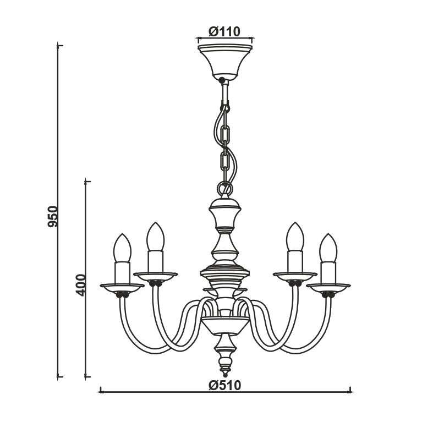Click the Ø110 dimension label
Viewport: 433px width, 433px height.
point(224,31)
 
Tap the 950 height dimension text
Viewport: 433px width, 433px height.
point(53,217)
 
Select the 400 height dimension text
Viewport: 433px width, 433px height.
point(81,285)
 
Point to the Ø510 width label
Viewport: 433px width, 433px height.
point(225,385)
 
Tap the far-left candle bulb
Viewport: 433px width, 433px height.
point(122,248)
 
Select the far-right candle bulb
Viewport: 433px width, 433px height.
point(328,248)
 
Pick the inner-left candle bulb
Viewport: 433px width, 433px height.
point(156,237)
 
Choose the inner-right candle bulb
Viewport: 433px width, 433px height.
point(295,237)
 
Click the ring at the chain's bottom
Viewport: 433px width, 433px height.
point(225,188)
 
